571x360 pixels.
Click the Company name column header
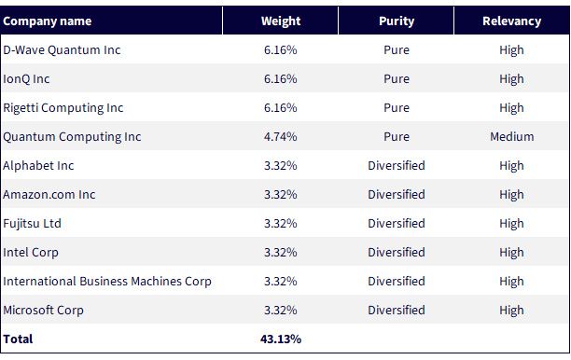[x=48, y=21]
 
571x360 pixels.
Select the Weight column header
[x=281, y=21]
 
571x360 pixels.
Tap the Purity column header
[x=397, y=21]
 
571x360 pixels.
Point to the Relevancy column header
[x=511, y=21]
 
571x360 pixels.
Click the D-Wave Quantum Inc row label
[x=62, y=49]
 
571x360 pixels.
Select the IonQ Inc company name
[x=26, y=79]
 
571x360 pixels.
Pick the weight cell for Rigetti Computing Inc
[x=281, y=108]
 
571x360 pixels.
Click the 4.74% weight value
[x=281, y=136]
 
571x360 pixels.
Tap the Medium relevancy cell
[x=511, y=136]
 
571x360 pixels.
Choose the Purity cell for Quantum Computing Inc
[x=397, y=136]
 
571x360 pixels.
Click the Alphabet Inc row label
[x=38, y=166]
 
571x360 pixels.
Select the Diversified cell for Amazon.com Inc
[x=397, y=194]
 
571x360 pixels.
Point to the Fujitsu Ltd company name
[x=32, y=224]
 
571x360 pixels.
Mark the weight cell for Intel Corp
[x=281, y=252]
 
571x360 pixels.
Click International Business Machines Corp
[x=107, y=282]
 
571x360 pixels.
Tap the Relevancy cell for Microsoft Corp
[x=511, y=311]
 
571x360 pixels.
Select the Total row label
[x=18, y=339]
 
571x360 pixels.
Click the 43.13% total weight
[x=281, y=339]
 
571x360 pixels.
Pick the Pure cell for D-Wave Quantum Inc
[x=397, y=49]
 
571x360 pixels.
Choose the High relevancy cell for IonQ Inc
[x=511, y=79]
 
